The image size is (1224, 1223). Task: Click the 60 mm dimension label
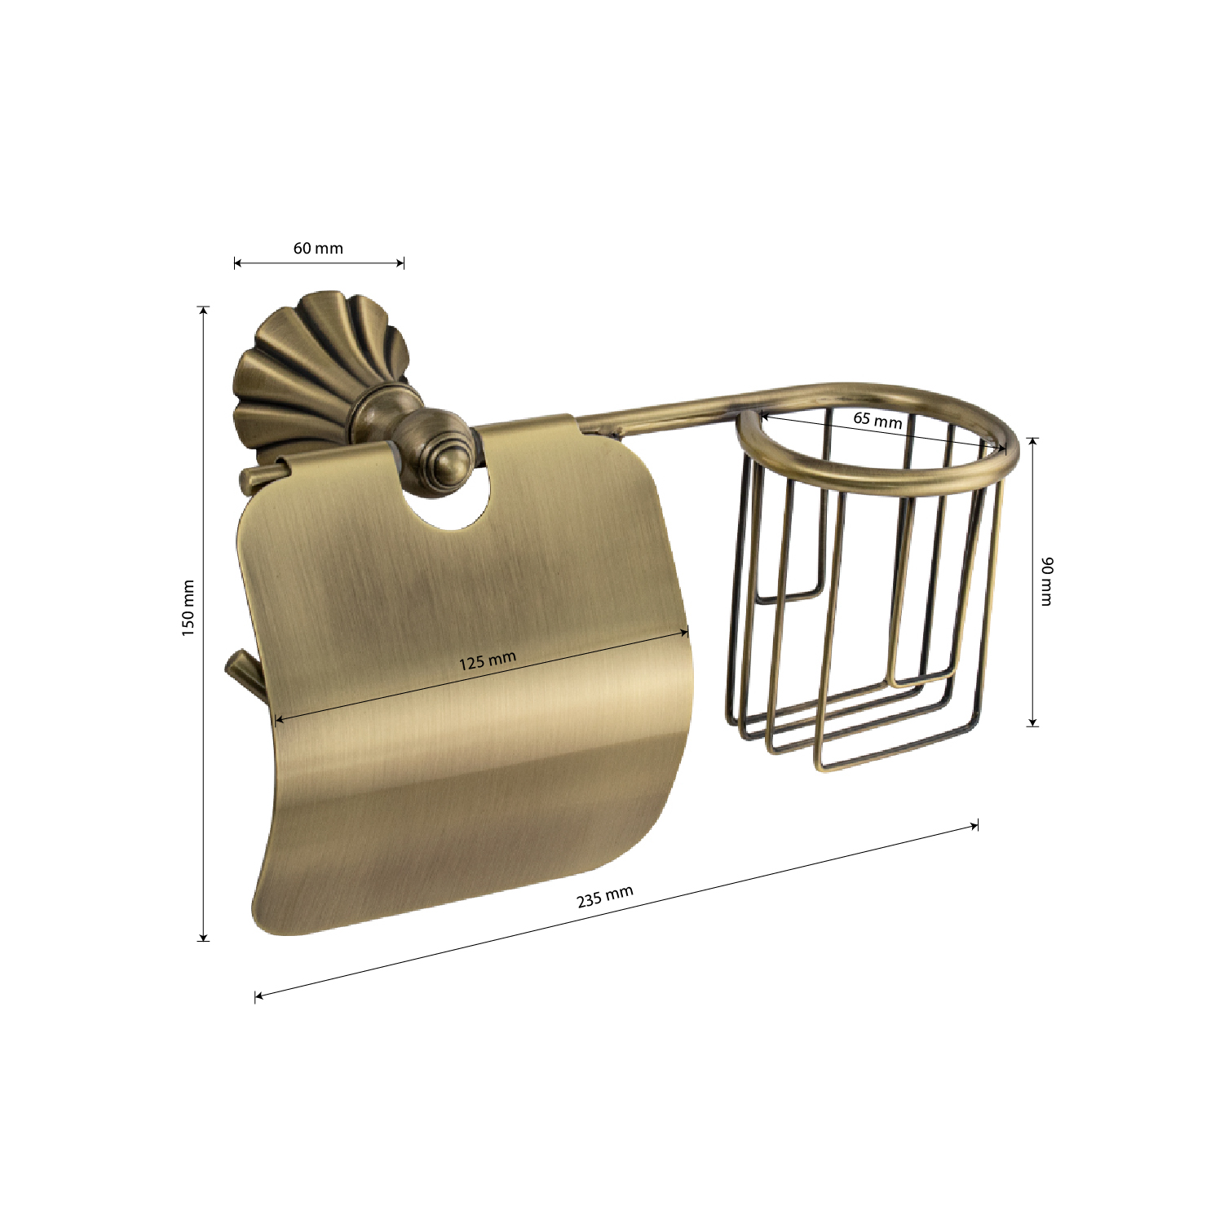[318, 248]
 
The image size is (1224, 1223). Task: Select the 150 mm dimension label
[188, 608]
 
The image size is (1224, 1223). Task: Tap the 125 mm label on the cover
[487, 660]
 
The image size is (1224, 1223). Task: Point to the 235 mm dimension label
[605, 897]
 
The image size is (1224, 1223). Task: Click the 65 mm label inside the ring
[877, 420]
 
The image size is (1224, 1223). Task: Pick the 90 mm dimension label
[1047, 581]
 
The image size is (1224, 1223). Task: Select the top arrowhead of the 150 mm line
[204, 311]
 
